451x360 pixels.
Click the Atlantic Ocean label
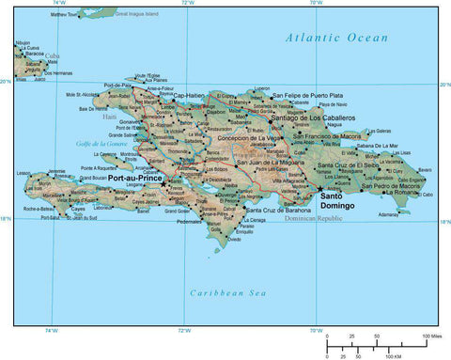[337, 38]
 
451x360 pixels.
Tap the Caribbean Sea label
[222, 293]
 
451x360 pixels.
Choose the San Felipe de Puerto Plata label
[307, 95]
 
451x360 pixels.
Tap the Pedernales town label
[190, 223]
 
